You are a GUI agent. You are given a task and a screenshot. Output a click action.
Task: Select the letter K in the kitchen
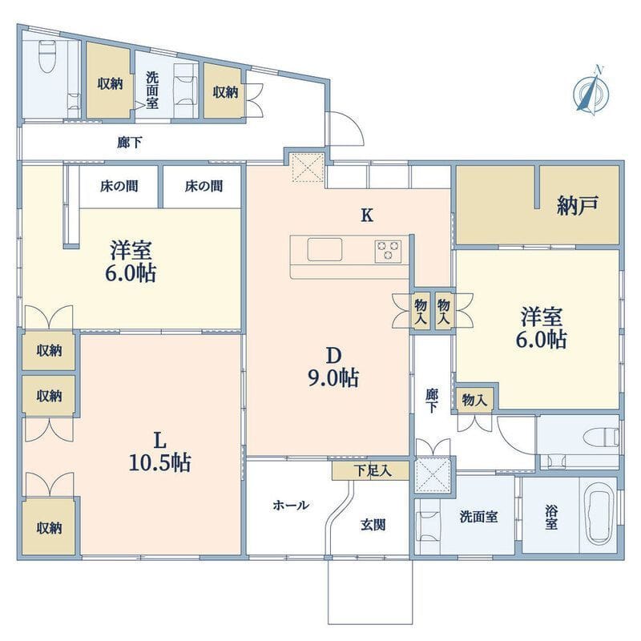coord(366,215)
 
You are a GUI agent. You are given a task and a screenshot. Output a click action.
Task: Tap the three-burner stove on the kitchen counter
coord(389,251)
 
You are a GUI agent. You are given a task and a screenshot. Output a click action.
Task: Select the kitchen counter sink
coord(325,251)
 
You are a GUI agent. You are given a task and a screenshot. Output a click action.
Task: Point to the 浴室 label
coord(552,517)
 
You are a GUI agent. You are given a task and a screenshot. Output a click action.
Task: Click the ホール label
coord(291,505)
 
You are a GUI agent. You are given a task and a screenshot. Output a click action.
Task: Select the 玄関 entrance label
coord(373,526)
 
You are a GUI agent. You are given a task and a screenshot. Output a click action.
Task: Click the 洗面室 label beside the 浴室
coord(478,517)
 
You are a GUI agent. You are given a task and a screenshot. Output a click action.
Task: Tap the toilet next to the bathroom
coord(597,439)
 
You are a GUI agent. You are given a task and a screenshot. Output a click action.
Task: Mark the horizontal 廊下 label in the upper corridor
coord(130,143)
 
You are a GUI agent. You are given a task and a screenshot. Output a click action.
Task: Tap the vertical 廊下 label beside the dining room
coord(433,400)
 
